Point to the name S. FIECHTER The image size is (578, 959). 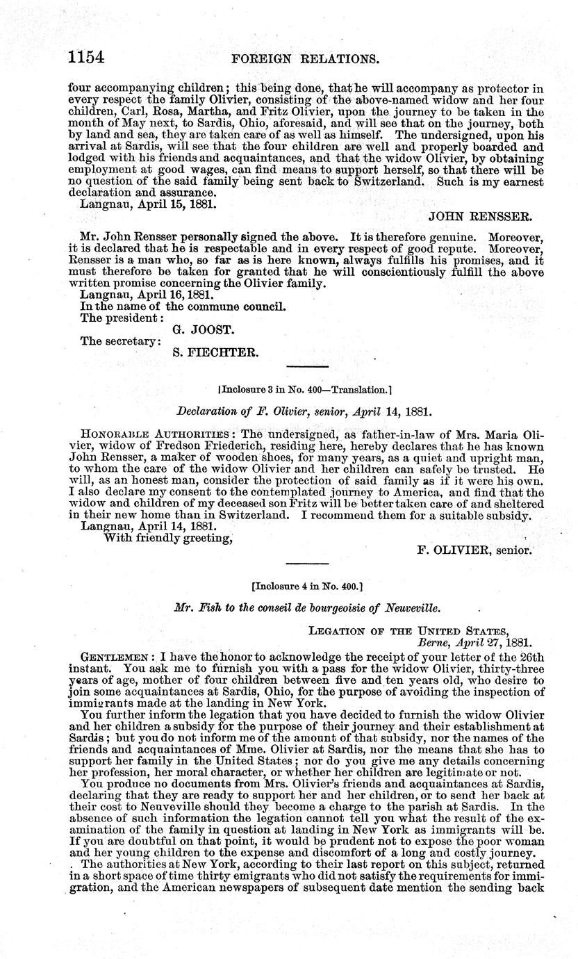coord(215,353)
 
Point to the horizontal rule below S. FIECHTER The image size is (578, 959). coord(306,366)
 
